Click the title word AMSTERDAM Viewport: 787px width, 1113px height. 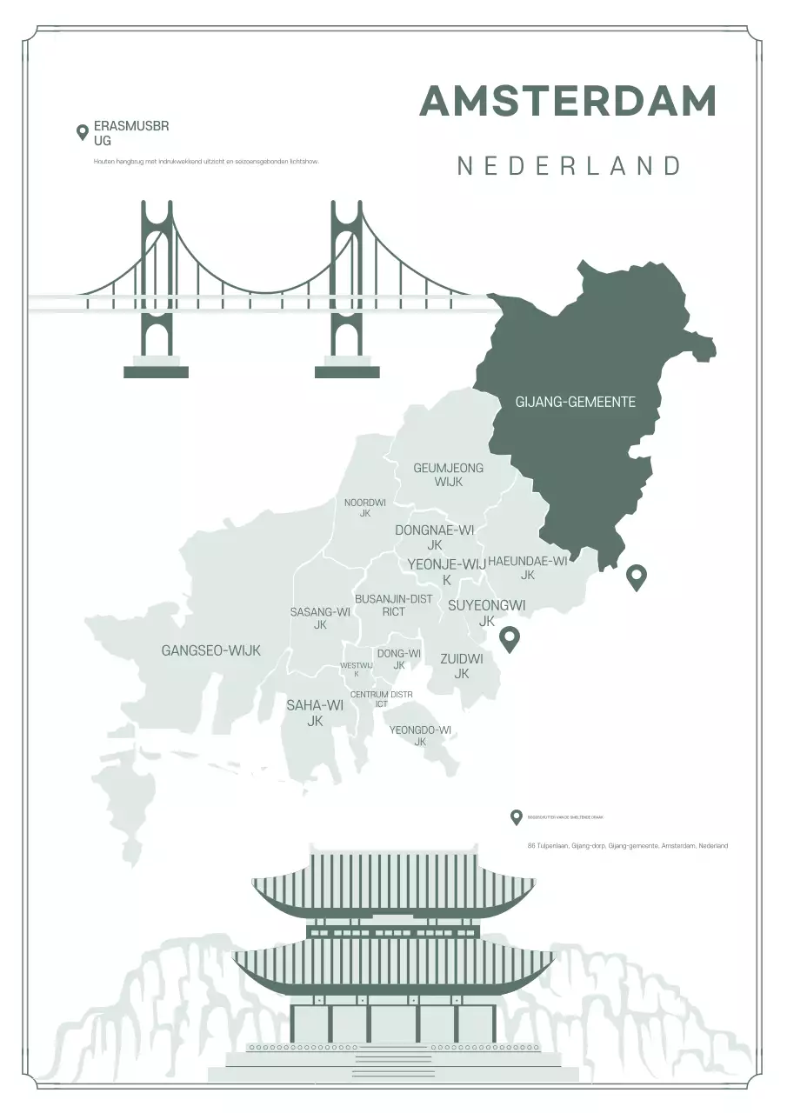pyautogui.click(x=568, y=102)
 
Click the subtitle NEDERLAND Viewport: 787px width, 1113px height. pyautogui.click(x=570, y=166)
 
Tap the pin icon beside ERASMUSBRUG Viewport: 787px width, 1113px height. pyautogui.click(x=83, y=133)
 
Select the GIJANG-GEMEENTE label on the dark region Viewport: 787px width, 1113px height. pyautogui.click(x=576, y=402)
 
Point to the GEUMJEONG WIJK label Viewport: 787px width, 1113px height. pyautogui.click(x=448, y=475)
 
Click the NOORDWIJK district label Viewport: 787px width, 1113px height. pyautogui.click(x=364, y=508)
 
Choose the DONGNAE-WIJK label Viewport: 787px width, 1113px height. pyautogui.click(x=435, y=537)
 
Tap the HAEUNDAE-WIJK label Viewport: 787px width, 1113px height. pyautogui.click(x=528, y=568)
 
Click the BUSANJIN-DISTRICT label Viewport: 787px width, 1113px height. pyautogui.click(x=393, y=605)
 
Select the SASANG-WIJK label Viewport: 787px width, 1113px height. pyautogui.click(x=320, y=618)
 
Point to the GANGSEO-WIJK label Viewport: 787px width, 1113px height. pyautogui.click(x=211, y=650)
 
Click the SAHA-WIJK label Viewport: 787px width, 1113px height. pyautogui.click(x=315, y=713)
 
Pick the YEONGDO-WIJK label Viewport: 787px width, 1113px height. pyautogui.click(x=420, y=736)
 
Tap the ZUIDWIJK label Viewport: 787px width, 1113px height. pyautogui.click(x=462, y=666)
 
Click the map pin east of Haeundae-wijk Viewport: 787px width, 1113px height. pyautogui.click(x=637, y=576)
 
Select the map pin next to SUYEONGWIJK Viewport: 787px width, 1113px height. pyautogui.click(x=509, y=639)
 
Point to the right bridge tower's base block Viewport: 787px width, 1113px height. pyautogui.click(x=347, y=371)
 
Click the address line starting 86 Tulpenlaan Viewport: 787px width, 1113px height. pyautogui.click(x=627, y=845)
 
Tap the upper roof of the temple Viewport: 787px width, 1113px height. pyautogui.click(x=394, y=883)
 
